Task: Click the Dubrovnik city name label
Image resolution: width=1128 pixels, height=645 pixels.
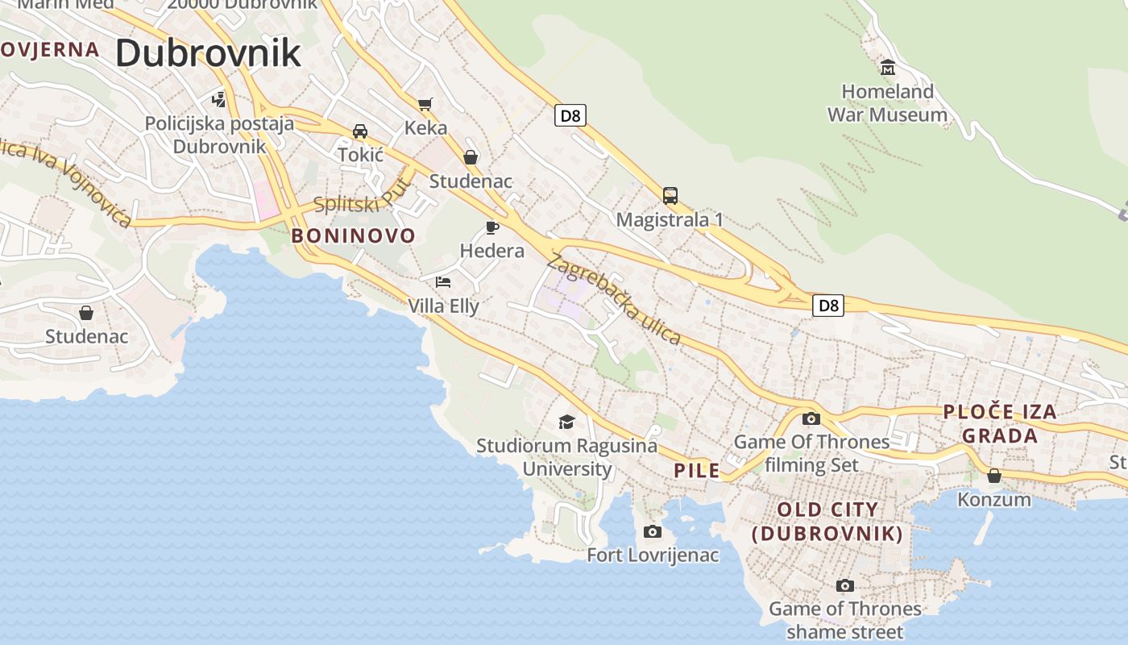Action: click(208, 53)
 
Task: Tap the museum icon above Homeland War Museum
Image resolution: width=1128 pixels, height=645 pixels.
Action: click(888, 67)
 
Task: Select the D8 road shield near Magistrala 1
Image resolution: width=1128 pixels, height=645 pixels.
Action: click(570, 115)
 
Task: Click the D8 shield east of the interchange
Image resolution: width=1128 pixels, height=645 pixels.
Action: click(827, 305)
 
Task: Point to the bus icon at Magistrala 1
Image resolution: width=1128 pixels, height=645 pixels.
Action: click(670, 195)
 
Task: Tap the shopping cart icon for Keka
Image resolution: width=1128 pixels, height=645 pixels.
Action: click(425, 103)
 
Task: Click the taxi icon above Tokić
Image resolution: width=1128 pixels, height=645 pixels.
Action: click(359, 131)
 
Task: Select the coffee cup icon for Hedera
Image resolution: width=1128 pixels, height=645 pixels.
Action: click(491, 227)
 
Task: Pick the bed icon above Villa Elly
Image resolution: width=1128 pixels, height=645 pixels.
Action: click(442, 281)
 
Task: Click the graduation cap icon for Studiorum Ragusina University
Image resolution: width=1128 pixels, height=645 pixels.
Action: click(566, 422)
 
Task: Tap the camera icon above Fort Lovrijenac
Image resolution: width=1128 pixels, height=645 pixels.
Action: click(653, 531)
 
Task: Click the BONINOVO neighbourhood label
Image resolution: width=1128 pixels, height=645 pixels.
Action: click(353, 236)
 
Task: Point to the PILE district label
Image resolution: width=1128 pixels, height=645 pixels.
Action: click(697, 471)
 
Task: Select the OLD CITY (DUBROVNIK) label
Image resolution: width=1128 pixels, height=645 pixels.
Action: click(827, 521)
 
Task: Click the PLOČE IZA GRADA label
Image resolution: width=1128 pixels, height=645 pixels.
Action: click(1000, 423)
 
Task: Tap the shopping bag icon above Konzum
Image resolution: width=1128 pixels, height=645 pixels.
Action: click(993, 476)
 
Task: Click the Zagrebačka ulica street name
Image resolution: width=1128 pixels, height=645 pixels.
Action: click(614, 299)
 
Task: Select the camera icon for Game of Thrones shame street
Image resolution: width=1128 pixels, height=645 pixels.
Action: click(844, 585)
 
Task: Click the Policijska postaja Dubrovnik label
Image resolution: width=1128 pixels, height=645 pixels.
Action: click(219, 135)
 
